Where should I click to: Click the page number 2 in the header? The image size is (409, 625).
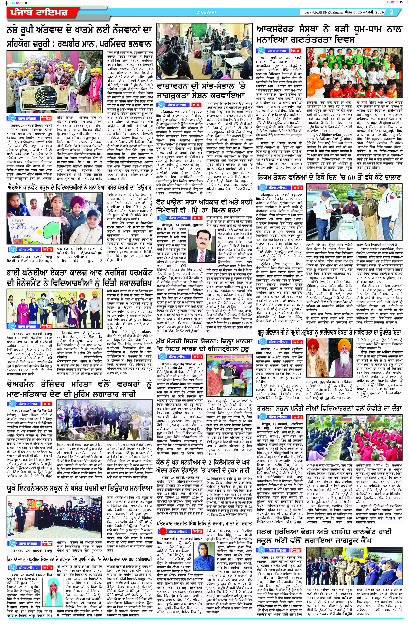[x=392, y=12]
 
